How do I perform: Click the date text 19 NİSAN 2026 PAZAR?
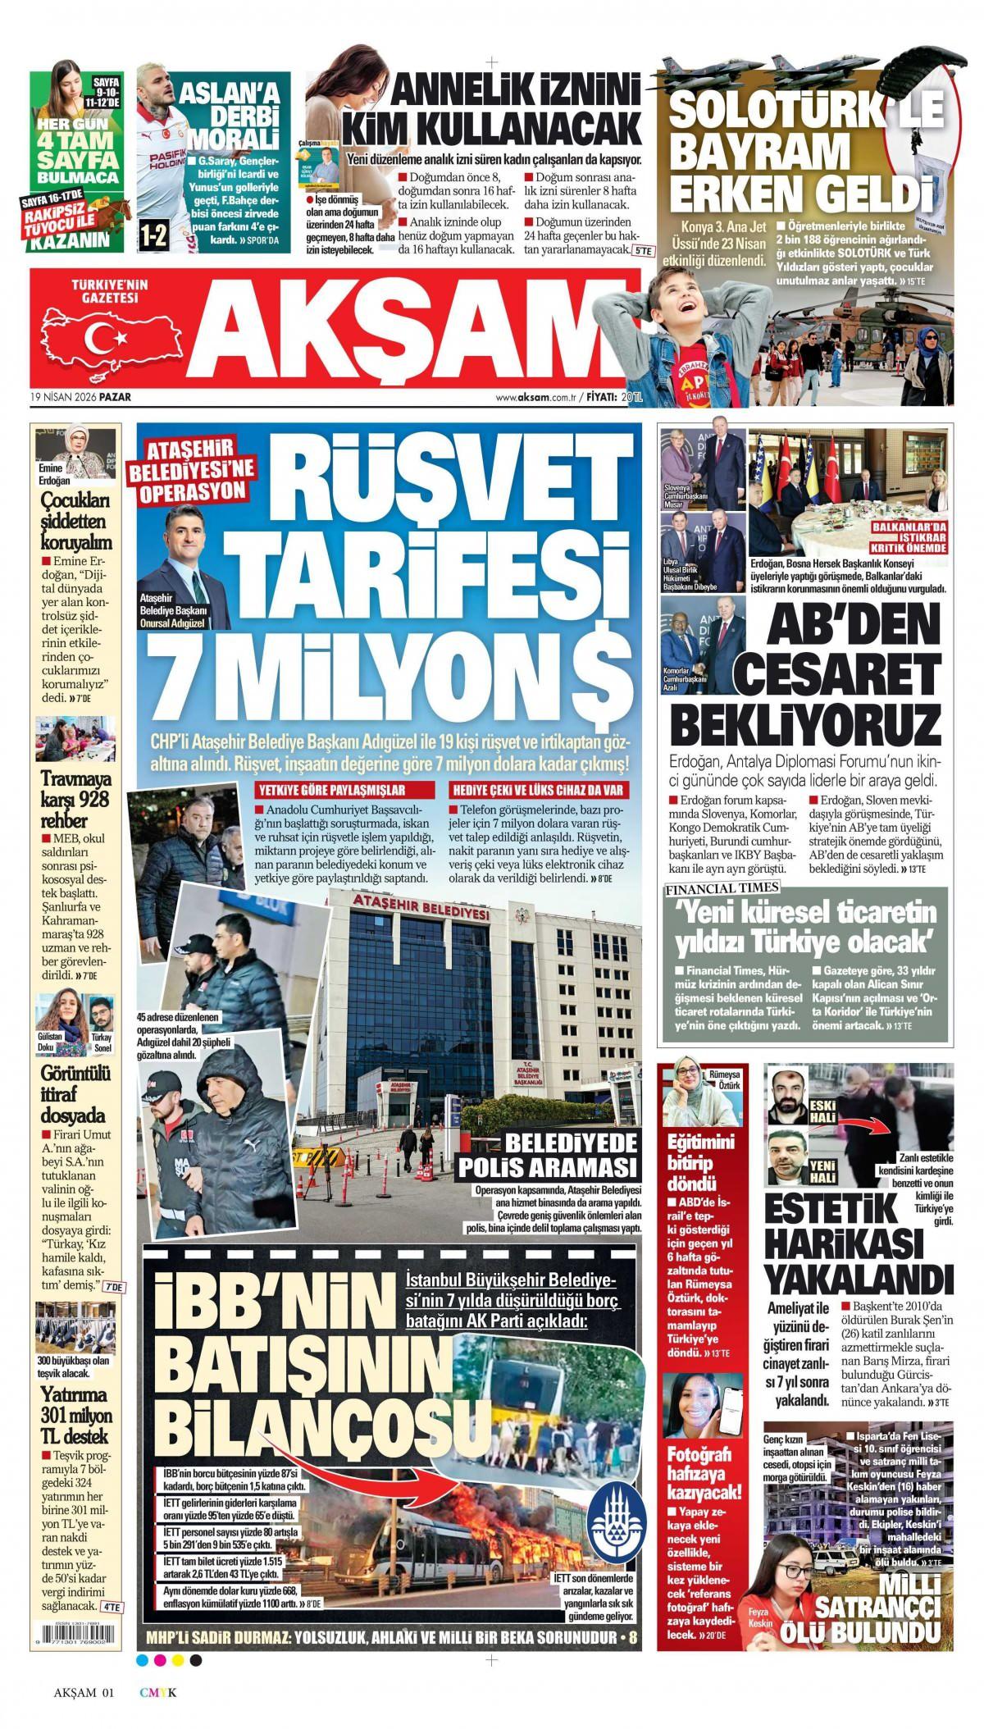pos(80,397)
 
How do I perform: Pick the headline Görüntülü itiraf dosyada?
pos(74,1093)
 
